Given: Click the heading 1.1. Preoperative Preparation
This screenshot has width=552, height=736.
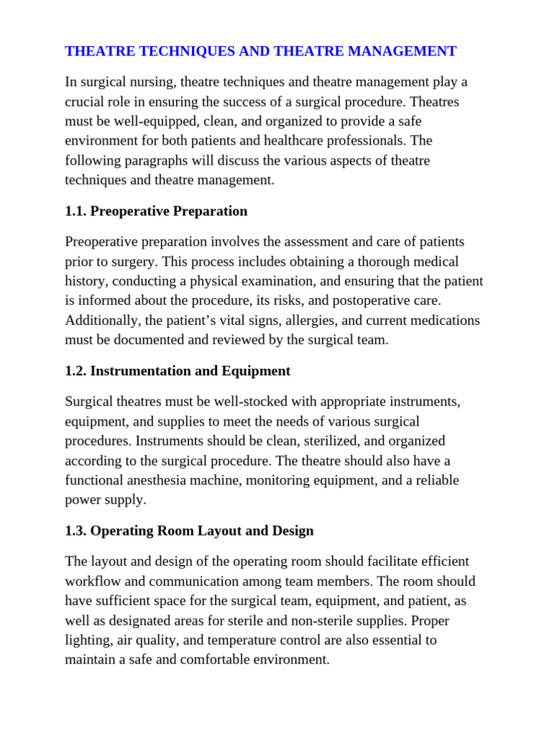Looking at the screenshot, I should (156, 211).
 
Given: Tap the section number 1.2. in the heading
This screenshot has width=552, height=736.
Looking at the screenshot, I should (75, 371).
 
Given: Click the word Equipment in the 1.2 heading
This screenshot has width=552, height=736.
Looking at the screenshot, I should (259, 371).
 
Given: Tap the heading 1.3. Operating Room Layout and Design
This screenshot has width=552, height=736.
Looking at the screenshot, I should (189, 531).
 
